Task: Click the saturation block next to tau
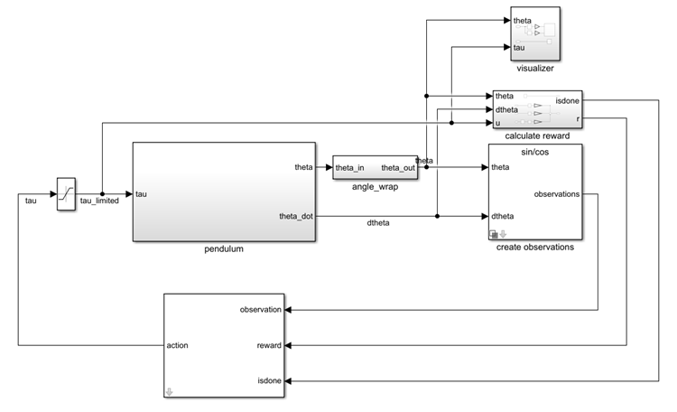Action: pyautogui.click(x=66, y=193)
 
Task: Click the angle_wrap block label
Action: pyautogui.click(x=375, y=187)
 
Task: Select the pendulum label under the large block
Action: pyautogui.click(x=224, y=248)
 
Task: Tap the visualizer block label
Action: pyautogui.click(x=535, y=68)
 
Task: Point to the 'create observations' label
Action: pyautogui.click(x=535, y=247)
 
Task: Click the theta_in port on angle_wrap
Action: pyautogui.click(x=350, y=168)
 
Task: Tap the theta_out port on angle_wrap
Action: pyautogui.click(x=397, y=168)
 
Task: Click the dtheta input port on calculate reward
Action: pyautogui.click(x=506, y=109)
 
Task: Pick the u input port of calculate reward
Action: pyautogui.click(x=498, y=123)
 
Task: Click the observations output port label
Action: pyautogui.click(x=556, y=194)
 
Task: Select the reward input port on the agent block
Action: pyautogui.click(x=269, y=345)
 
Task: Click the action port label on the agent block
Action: pyautogui.click(x=179, y=345)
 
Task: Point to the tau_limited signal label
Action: pyautogui.click(x=99, y=201)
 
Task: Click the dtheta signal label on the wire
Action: pyautogui.click(x=378, y=223)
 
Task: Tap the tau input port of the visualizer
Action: pyautogui.click(x=519, y=47)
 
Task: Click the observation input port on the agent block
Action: pyautogui.click(x=261, y=310)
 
